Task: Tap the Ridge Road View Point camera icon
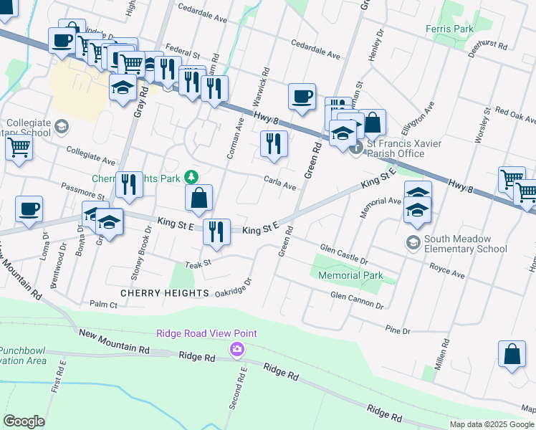point(236,349)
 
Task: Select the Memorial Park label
point(350,275)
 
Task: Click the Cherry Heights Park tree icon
point(191,176)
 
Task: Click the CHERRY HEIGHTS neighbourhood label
point(155,293)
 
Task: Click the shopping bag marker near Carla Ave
point(199,199)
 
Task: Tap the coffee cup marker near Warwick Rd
point(302,96)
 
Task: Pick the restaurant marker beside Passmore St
point(129,186)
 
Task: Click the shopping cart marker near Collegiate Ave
point(19,148)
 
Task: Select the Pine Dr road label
point(397,330)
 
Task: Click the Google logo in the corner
point(24,421)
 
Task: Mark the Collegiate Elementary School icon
point(62,127)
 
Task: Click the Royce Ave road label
point(446,274)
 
